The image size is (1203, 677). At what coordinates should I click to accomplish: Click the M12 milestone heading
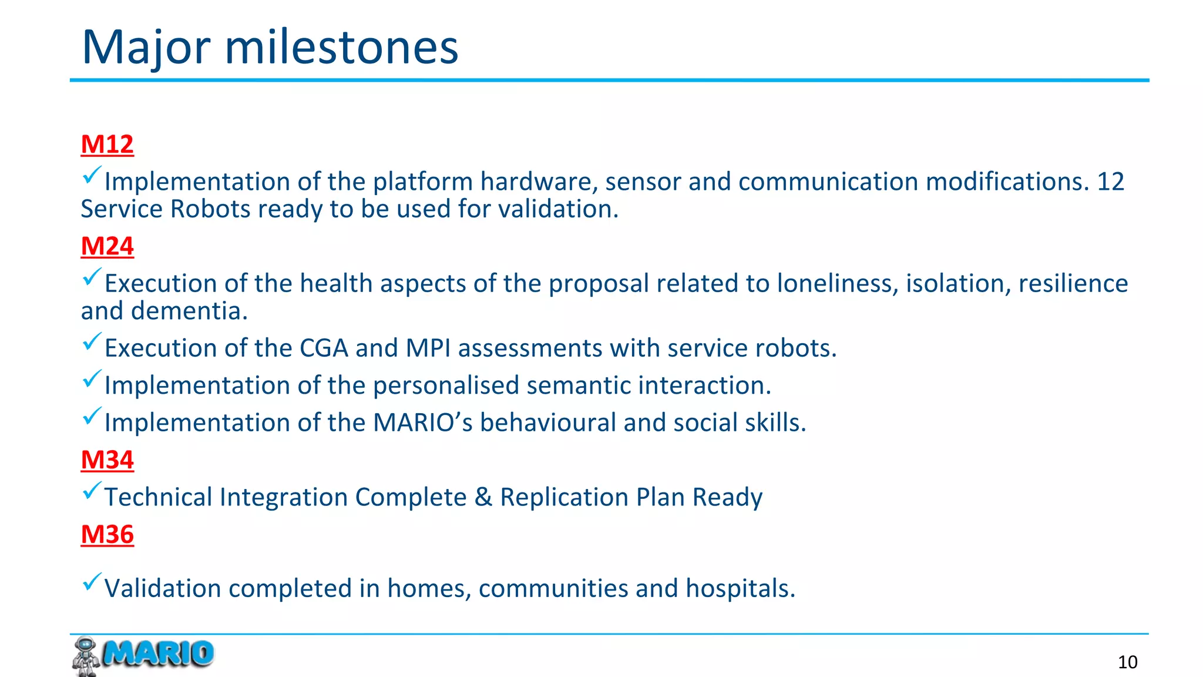[107, 145]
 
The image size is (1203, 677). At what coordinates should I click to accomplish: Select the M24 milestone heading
[107, 246]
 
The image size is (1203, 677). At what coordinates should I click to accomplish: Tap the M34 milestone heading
[107, 460]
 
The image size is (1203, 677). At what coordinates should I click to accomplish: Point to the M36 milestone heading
[107, 535]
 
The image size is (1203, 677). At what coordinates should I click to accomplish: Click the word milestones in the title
[341, 47]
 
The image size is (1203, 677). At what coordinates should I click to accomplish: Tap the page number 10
[1127, 662]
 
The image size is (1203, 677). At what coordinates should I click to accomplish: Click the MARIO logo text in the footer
[158, 653]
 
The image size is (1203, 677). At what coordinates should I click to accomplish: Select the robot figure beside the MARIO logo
[85, 656]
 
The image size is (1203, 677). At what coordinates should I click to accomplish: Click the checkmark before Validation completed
[92, 582]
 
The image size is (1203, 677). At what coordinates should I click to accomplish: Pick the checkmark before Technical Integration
[92, 491]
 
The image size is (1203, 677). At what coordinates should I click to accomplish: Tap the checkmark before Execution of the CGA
[92, 341]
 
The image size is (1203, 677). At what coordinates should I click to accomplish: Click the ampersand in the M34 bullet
[483, 498]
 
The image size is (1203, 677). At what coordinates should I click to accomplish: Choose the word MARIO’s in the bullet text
[422, 423]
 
